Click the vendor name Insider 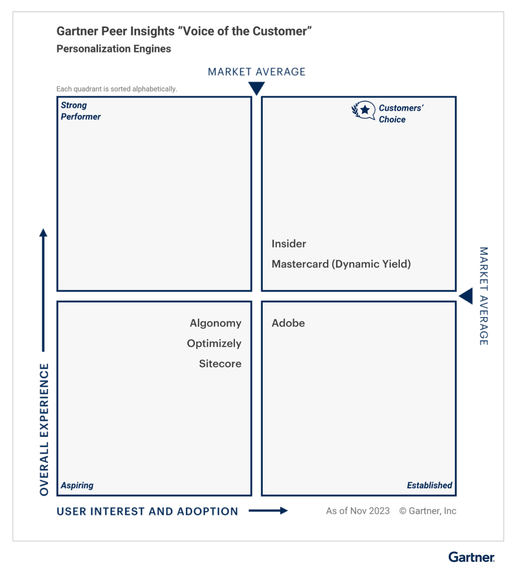[289, 244]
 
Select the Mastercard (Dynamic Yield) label [342, 264]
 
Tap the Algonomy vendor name [215, 323]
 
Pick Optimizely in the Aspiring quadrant [214, 343]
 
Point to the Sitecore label [220, 364]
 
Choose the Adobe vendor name [288, 323]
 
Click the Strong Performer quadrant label [81, 111]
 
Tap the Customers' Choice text [401, 114]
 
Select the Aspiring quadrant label [77, 486]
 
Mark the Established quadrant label [430, 486]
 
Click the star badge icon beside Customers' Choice [364, 110]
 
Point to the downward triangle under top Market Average [257, 88]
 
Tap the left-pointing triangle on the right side [465, 296]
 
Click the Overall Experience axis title [44, 429]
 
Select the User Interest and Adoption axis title [147, 511]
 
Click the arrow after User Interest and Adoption [268, 511]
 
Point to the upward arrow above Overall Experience [43, 290]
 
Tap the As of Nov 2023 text [358, 511]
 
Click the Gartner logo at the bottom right [471, 557]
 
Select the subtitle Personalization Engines [114, 49]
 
